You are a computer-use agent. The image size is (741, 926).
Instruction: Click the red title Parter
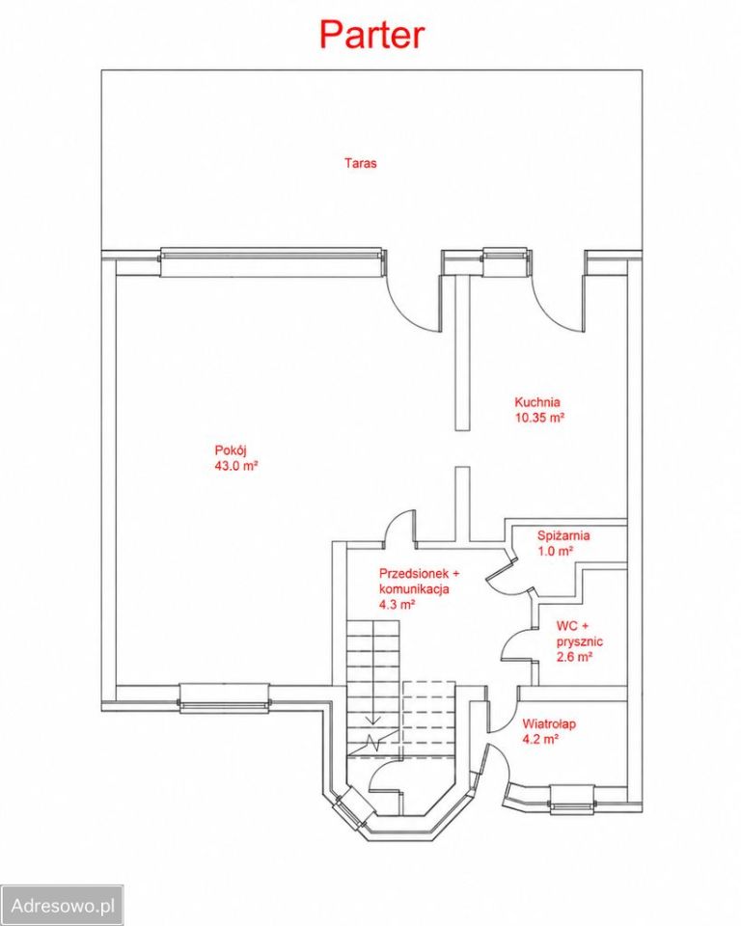(371, 35)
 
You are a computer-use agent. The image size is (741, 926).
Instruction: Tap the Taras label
(361, 163)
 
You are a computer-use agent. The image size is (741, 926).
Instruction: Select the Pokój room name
(231, 451)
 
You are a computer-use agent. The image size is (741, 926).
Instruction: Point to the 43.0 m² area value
(236, 465)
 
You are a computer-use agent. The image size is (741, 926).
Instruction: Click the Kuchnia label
(537, 402)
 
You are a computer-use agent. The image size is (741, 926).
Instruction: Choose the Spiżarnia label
(563, 536)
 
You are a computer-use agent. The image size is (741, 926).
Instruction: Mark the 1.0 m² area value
(555, 551)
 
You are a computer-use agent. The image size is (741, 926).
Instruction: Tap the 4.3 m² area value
(398, 604)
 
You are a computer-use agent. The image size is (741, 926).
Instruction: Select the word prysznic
(580, 642)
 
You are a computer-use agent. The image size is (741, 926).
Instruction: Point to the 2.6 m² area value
(574, 657)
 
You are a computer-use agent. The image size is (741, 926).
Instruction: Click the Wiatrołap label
(549, 723)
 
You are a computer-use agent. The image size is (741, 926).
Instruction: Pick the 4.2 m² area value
(540, 739)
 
